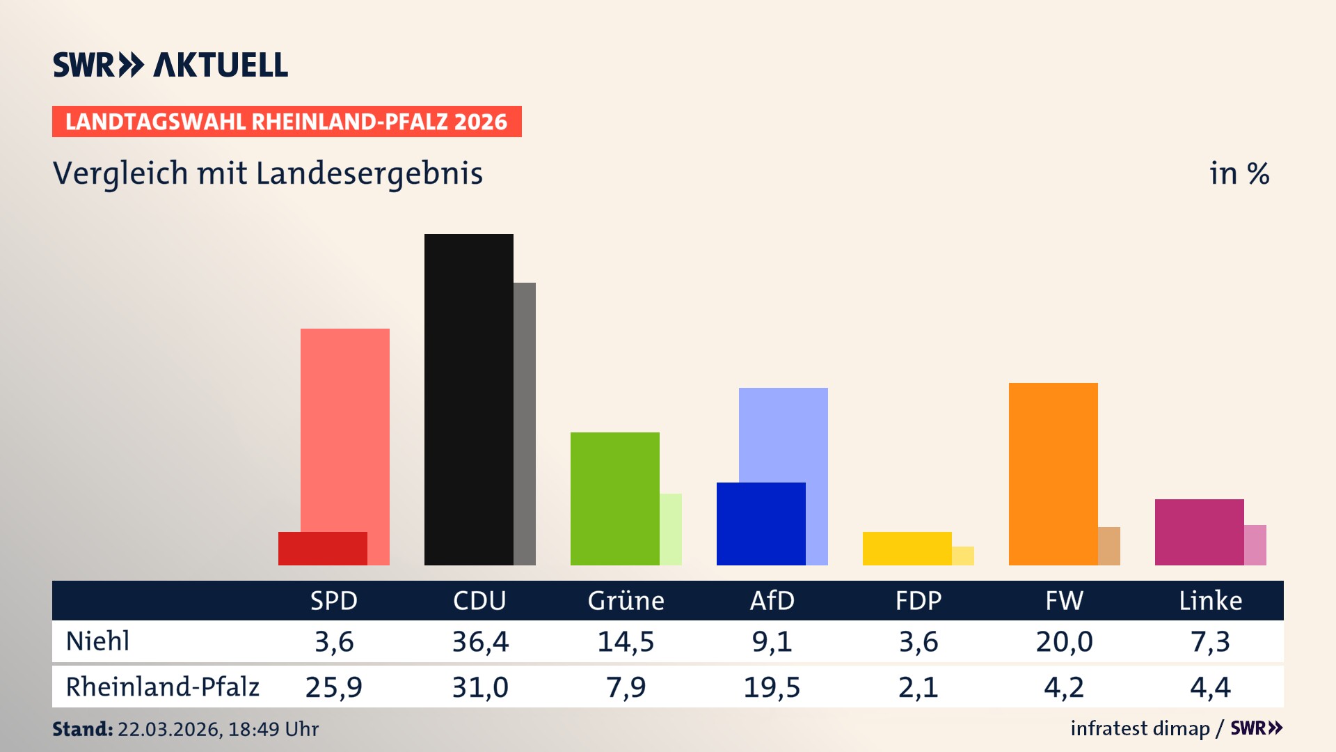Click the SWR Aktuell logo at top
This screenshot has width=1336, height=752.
coord(170,65)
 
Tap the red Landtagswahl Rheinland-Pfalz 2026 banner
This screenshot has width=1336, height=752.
coord(287,122)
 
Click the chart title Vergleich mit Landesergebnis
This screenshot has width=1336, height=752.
coord(268,173)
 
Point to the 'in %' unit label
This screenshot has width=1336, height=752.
coord(1239,173)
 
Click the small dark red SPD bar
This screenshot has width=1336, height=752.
coord(322,549)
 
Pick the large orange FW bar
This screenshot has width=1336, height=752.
coord(1053,473)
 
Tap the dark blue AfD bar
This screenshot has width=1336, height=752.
coord(761,524)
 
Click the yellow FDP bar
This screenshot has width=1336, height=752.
coord(907,549)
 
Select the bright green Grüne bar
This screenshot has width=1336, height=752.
coord(614,499)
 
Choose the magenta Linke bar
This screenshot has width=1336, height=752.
coord(1199,532)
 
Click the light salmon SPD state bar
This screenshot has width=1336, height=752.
coord(345,425)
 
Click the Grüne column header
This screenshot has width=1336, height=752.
coord(626,601)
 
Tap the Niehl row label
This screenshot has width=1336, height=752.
coord(97,641)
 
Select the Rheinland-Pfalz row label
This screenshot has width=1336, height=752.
coord(162,687)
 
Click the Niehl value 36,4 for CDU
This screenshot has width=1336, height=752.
coord(480,641)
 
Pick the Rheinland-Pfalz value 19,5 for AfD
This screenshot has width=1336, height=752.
coord(772,687)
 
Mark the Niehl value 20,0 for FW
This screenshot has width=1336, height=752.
coord(1064,641)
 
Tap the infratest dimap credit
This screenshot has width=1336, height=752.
coord(1140,728)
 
